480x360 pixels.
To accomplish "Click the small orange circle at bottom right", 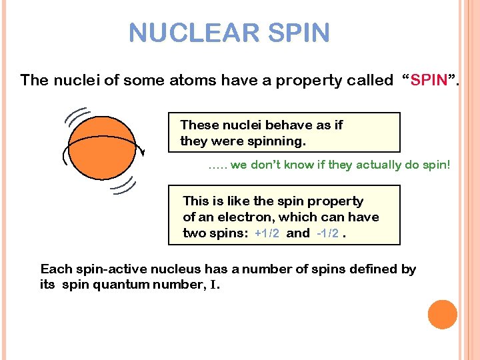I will click(443, 314).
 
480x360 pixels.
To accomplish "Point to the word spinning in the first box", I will click(275, 141).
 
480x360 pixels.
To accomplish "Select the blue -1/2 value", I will click(327, 233).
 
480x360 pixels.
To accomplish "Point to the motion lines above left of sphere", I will click(78, 117).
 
